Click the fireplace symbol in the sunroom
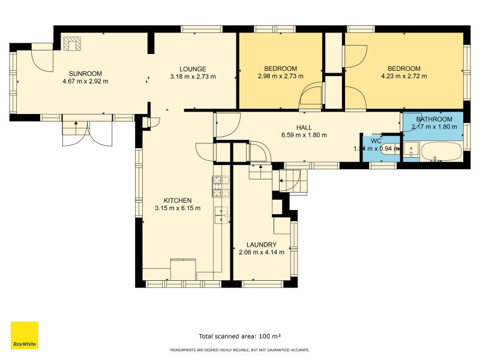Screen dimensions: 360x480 pos(73,44)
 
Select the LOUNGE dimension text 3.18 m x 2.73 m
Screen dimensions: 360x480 pos(193,77)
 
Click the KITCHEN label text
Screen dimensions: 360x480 pos(178,200)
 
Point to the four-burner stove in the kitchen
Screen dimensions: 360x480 pos(220,187)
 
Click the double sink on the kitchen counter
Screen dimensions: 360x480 pos(222,215)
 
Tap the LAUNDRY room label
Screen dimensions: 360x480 pos(262,245)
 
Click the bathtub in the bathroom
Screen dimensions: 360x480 pos(441,152)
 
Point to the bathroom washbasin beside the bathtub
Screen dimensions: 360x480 pos(412,148)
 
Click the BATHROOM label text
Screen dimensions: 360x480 pos(434,119)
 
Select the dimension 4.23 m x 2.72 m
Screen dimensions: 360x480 pos(404,76)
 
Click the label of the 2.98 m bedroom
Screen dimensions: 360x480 pos(280,68)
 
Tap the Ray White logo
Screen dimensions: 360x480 pos(25,335)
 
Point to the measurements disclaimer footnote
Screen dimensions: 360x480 pos(240,349)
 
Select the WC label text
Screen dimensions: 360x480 pos(376,141)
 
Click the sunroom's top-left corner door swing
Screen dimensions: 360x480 pos(43,57)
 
